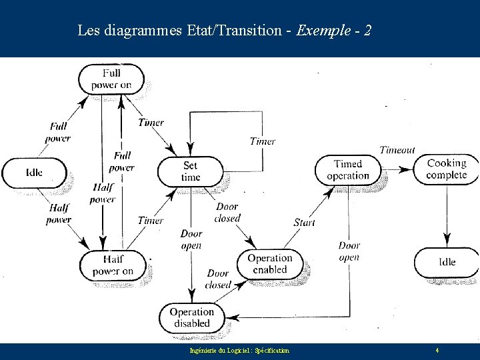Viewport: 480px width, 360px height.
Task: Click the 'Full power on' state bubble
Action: point(111,79)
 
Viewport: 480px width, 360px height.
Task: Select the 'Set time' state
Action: point(190,171)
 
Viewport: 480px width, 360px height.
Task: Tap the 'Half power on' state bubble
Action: point(113,265)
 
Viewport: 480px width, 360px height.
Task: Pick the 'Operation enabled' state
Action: point(269,264)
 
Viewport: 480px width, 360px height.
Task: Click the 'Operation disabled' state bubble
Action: point(191,317)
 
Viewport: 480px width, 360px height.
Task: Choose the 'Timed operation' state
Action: point(347,170)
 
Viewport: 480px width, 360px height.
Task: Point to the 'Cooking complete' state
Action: point(447,169)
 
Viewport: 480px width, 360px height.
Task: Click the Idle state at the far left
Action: point(35,173)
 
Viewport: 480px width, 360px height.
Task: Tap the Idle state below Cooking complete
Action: point(447,262)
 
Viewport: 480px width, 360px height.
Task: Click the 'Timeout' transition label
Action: point(397,150)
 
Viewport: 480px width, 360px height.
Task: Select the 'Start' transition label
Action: point(304,222)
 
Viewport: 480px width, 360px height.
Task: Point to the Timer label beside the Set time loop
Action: point(262,141)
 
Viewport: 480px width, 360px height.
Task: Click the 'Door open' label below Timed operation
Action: point(349,252)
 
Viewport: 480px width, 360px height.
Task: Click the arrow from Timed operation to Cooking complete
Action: point(399,170)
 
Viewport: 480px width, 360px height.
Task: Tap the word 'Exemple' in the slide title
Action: point(323,30)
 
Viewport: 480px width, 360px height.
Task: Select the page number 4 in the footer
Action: point(437,350)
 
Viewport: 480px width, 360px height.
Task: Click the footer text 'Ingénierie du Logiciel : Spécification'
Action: point(239,351)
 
